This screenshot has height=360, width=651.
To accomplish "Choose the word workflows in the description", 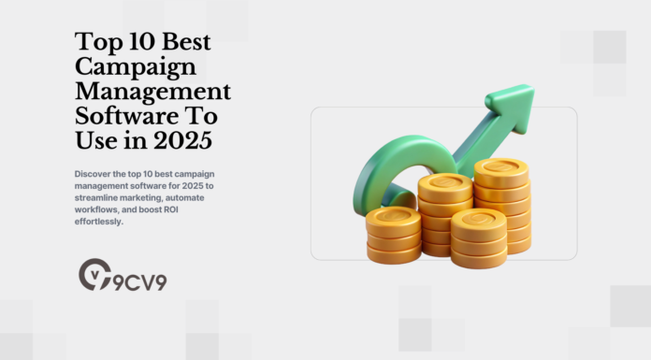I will click(94, 210).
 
